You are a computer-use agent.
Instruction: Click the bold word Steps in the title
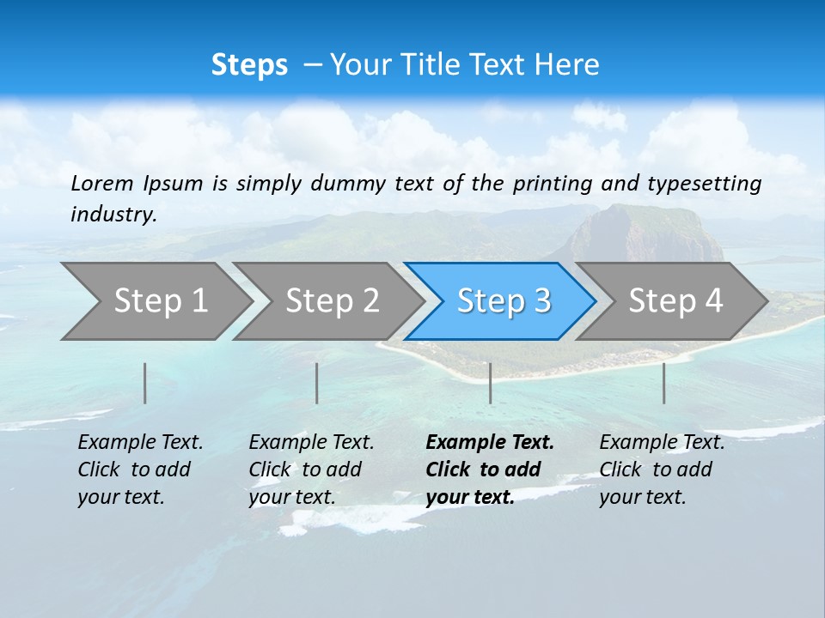coord(249,65)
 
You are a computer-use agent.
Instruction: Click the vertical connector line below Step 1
coord(145,383)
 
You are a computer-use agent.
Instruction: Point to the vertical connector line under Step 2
coord(317,383)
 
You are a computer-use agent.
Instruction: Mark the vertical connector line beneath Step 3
coord(491,383)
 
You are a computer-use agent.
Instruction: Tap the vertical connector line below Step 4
coord(664,383)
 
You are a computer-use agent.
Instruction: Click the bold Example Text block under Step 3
coord(489,470)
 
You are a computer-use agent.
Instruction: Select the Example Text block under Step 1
coord(140,470)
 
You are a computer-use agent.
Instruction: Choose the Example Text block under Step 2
coord(311,470)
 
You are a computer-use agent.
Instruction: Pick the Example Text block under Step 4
coord(662,470)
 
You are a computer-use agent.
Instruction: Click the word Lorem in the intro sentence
coord(102,184)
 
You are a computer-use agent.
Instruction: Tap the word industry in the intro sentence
coord(113,214)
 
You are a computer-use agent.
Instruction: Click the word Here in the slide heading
coord(566,65)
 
